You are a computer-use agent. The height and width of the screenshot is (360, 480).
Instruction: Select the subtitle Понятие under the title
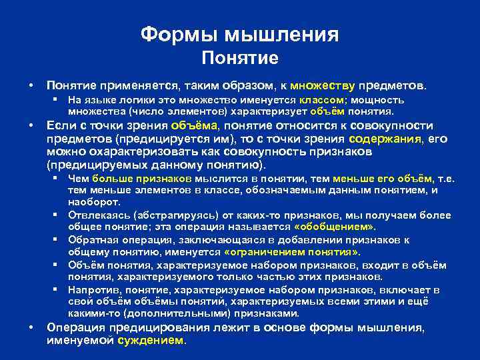[x=239, y=59]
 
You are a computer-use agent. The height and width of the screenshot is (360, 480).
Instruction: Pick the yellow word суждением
[x=151, y=340]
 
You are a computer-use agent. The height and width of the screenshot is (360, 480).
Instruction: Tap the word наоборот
[x=93, y=202]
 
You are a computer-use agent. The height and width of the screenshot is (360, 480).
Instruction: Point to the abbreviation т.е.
[x=445, y=179]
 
